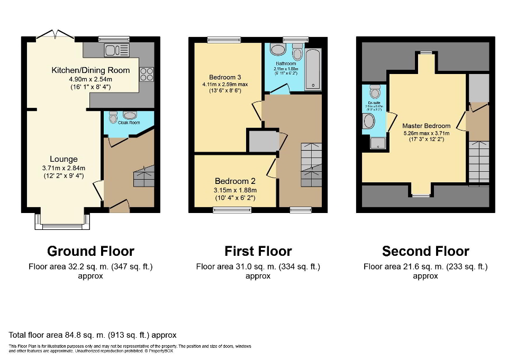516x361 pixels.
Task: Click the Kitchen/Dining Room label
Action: [x=90, y=70]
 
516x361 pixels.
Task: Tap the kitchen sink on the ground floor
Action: [x=116, y=50]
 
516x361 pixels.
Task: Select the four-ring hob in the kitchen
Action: [x=146, y=75]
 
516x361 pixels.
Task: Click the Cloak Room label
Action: [x=129, y=122]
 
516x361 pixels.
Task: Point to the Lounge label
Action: [x=64, y=159]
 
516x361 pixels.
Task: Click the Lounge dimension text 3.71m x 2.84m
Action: [x=64, y=169]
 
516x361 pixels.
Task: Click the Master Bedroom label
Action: [x=426, y=126]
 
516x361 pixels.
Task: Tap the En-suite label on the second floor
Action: [x=375, y=103]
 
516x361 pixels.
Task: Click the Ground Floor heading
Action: [x=90, y=251]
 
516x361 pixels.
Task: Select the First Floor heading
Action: [x=258, y=251]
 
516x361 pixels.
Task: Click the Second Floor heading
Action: [x=426, y=251]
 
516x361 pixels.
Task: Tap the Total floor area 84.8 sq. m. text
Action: [x=93, y=335]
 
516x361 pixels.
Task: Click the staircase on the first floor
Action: [x=311, y=164]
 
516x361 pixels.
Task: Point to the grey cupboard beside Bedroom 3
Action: [x=263, y=142]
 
